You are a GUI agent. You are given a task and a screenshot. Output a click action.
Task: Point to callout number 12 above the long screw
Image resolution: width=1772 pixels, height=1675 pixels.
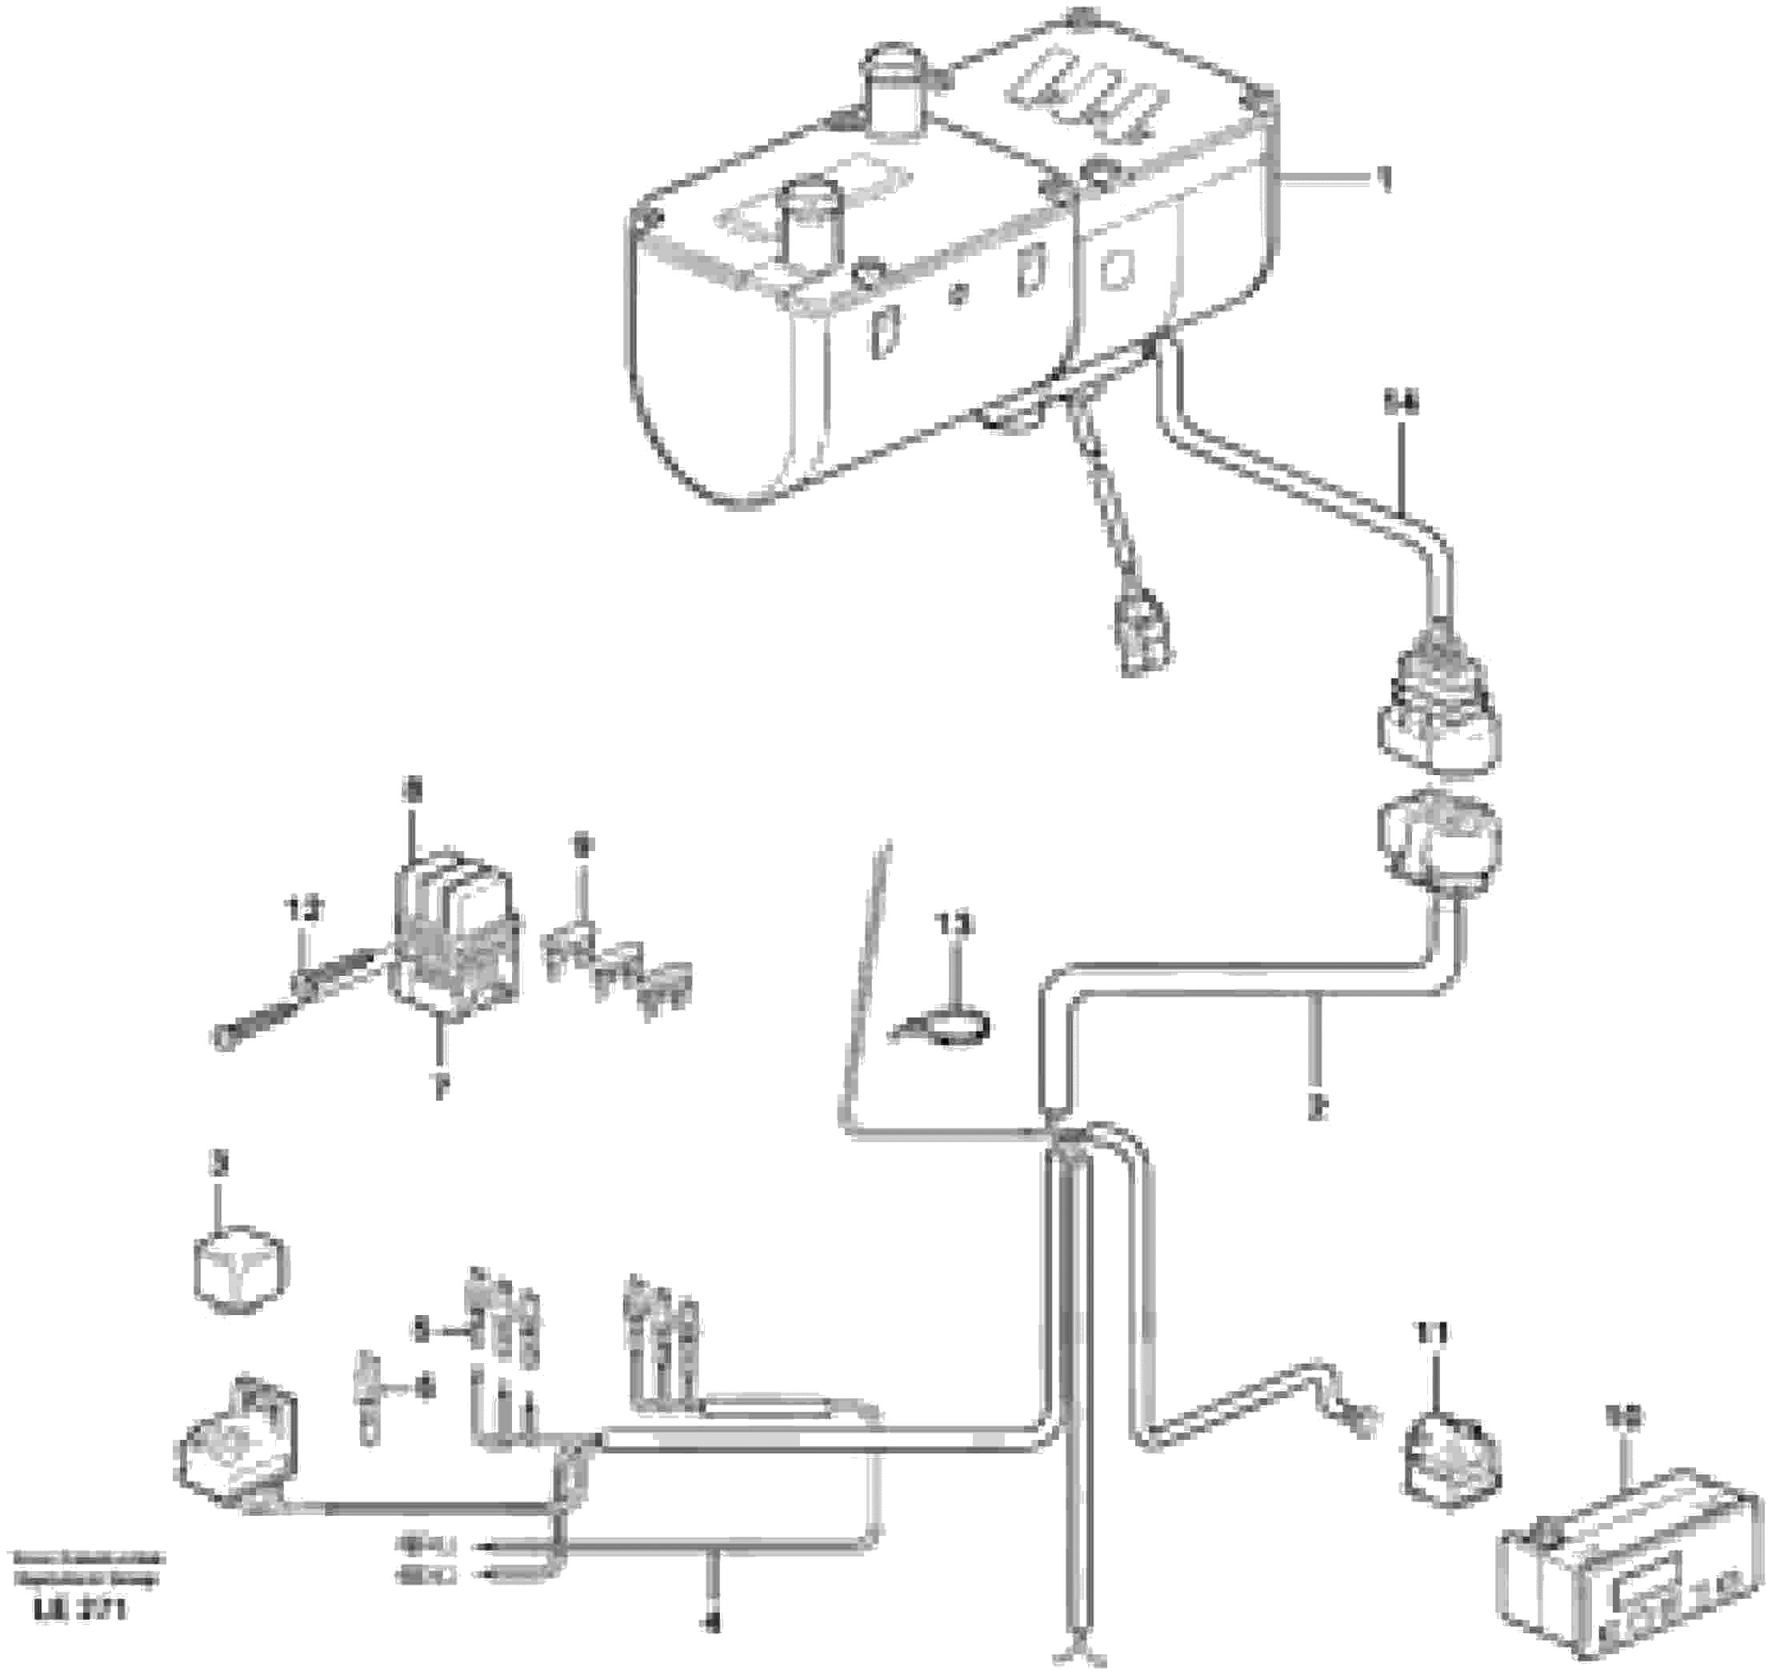point(304,911)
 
